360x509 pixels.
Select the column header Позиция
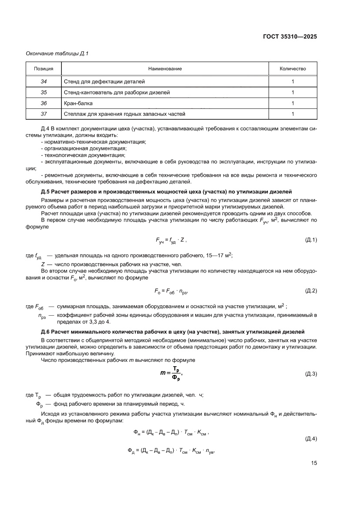[x=44, y=69]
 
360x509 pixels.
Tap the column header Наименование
[x=165, y=69]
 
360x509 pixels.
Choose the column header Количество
[x=293, y=69]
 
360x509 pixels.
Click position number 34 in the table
[x=44, y=81]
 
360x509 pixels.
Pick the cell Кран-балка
[x=78, y=103]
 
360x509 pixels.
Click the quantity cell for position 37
[x=293, y=114]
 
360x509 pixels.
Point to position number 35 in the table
[x=44, y=92]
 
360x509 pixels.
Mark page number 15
[x=313, y=463]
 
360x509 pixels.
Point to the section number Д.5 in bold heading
[x=46, y=192]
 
